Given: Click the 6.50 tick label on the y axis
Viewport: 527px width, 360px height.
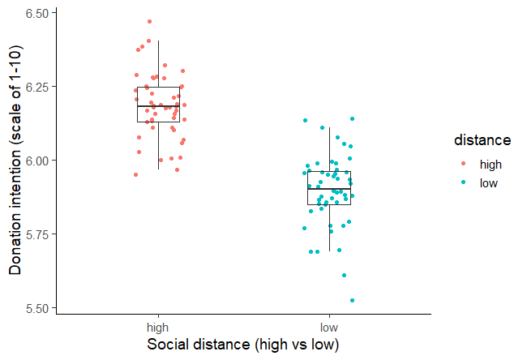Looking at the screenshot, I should (x=36, y=13).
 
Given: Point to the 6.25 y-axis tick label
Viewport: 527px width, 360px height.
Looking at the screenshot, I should (x=36, y=87).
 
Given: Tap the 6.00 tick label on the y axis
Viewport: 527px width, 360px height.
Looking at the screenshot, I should (x=36, y=161).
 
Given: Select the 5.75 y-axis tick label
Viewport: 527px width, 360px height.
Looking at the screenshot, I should (x=36, y=234).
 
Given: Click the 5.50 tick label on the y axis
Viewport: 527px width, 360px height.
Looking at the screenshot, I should (x=36, y=308).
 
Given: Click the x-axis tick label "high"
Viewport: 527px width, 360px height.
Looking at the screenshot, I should (x=158, y=328).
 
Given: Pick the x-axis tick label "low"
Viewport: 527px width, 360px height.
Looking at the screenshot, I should (x=329, y=328).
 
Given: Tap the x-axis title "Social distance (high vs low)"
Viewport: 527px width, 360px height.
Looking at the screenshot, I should (x=243, y=345).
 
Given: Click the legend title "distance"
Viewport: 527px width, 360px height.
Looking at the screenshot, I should (x=482, y=140).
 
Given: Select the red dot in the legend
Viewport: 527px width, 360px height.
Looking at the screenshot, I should (x=463, y=164).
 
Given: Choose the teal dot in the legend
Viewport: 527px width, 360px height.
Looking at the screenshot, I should (x=463, y=182).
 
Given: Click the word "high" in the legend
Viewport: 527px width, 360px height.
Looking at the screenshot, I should (x=491, y=164).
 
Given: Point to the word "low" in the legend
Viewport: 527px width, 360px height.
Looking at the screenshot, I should (x=489, y=182).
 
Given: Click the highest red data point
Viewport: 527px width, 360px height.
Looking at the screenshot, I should (x=149, y=22).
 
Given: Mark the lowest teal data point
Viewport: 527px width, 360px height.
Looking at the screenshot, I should (x=353, y=300).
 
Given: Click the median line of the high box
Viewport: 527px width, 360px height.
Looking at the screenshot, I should (x=158, y=106).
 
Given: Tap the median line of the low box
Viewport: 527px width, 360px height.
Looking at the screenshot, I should (x=329, y=189).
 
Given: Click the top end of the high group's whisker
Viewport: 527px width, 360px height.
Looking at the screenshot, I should (x=158, y=41).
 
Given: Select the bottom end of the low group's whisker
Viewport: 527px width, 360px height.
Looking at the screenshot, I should (x=329, y=251).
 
